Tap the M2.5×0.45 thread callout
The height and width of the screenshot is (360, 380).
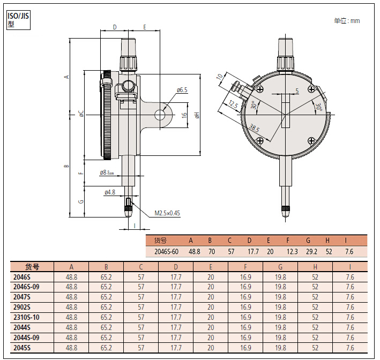(167, 213)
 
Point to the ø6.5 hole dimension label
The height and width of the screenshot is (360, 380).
(182, 90)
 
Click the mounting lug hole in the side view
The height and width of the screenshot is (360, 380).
(160, 114)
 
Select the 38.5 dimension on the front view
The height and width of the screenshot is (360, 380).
(254, 129)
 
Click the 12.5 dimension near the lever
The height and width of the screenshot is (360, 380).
(233, 104)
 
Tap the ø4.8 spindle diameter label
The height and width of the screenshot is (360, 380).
(110, 192)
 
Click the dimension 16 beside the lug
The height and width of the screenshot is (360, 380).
(184, 115)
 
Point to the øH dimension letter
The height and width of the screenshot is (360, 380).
(197, 115)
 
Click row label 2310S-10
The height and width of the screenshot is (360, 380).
(27, 317)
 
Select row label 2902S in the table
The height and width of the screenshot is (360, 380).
(23, 307)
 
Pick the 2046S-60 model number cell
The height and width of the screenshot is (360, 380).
(166, 251)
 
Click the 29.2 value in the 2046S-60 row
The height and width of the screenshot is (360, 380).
(311, 251)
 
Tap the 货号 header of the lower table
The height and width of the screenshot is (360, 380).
(32, 267)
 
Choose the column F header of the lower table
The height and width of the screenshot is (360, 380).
(245, 267)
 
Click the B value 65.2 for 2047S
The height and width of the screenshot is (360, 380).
(106, 297)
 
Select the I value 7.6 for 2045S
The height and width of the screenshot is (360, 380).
(349, 348)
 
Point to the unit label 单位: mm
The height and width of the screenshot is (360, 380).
(347, 21)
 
